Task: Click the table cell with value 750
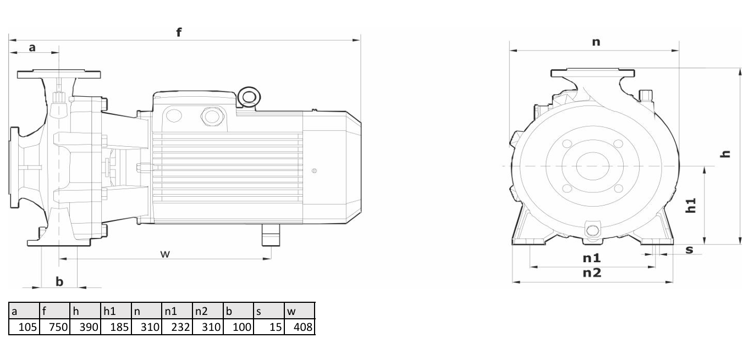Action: tap(54, 326)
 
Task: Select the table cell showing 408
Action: tap(300, 326)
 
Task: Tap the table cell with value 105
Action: tap(24, 326)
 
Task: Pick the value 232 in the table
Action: tap(177, 326)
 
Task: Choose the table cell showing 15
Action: tap(269, 326)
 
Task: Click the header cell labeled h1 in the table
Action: tap(116, 311)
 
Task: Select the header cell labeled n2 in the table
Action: tap(208, 311)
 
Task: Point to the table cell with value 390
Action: tap(85, 326)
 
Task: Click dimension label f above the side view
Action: tap(179, 32)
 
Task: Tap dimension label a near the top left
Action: tap(32, 47)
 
